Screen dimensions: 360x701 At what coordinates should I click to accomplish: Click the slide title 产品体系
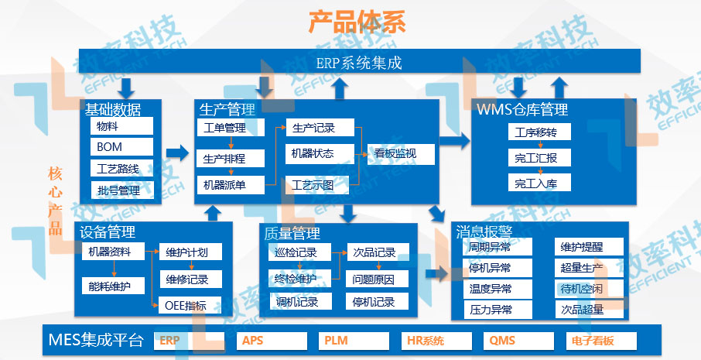357,21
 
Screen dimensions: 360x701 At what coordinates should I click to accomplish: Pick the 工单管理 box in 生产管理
230,127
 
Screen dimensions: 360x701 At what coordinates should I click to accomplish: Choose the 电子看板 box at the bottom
601,341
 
